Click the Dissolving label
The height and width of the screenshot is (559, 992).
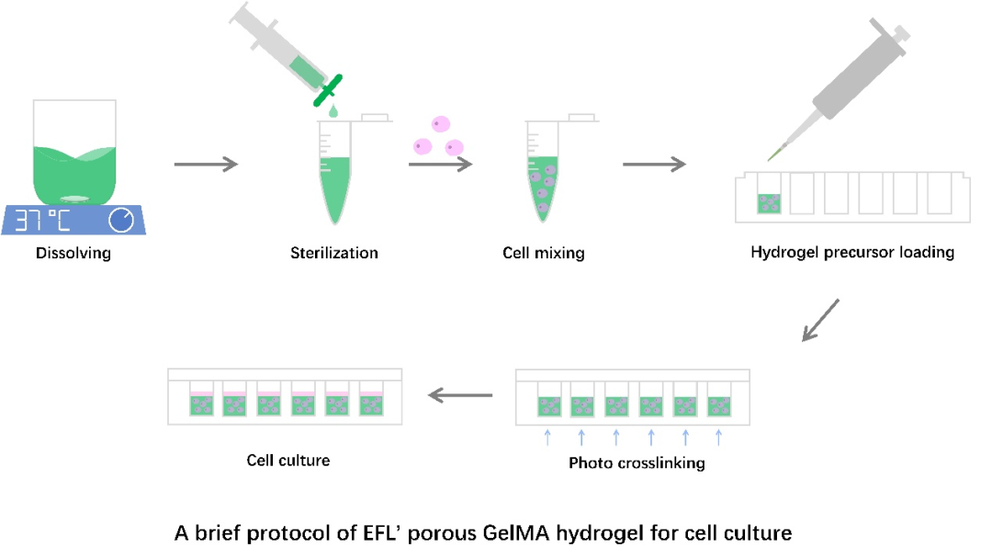pos(73,253)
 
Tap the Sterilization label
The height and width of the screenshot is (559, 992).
pos(334,253)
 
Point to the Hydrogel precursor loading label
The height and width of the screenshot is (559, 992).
pos(852,252)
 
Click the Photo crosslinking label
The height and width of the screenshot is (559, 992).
pos(637,462)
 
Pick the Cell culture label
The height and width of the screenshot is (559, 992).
pos(288,460)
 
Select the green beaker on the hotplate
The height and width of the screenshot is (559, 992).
pos(74,156)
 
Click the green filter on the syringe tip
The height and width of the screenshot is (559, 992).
pos(327,90)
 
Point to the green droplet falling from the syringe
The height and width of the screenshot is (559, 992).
pos(333,111)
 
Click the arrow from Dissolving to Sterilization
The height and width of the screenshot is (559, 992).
pos(206,165)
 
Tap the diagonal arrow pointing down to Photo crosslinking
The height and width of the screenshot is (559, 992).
pos(820,319)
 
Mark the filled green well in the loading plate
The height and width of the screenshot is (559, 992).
pos(769,203)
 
